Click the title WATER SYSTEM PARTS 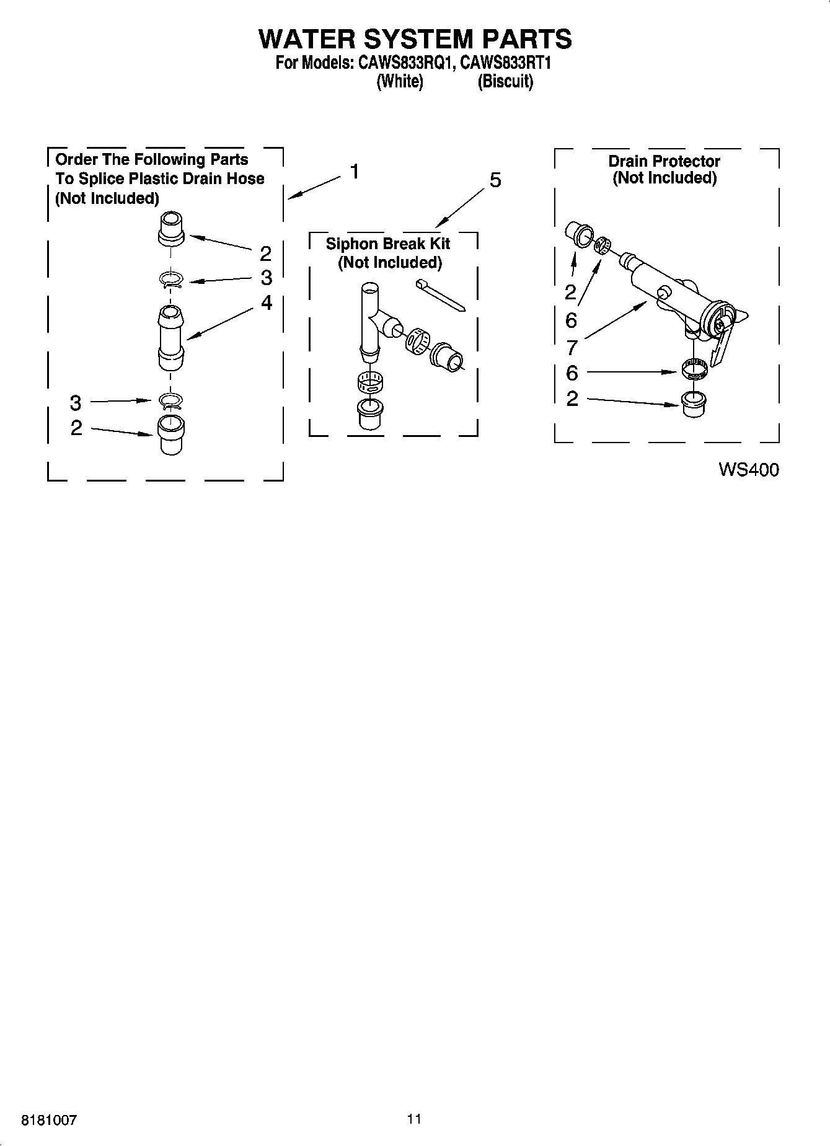(415, 38)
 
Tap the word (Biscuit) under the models (505, 81)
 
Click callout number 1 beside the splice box (355, 171)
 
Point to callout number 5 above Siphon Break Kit (494, 180)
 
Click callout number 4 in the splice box (266, 302)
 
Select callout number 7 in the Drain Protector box (572, 348)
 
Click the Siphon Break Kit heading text (389, 244)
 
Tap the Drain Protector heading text (664, 162)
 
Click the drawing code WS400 (748, 470)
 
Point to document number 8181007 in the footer (49, 1121)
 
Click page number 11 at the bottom (414, 1119)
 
